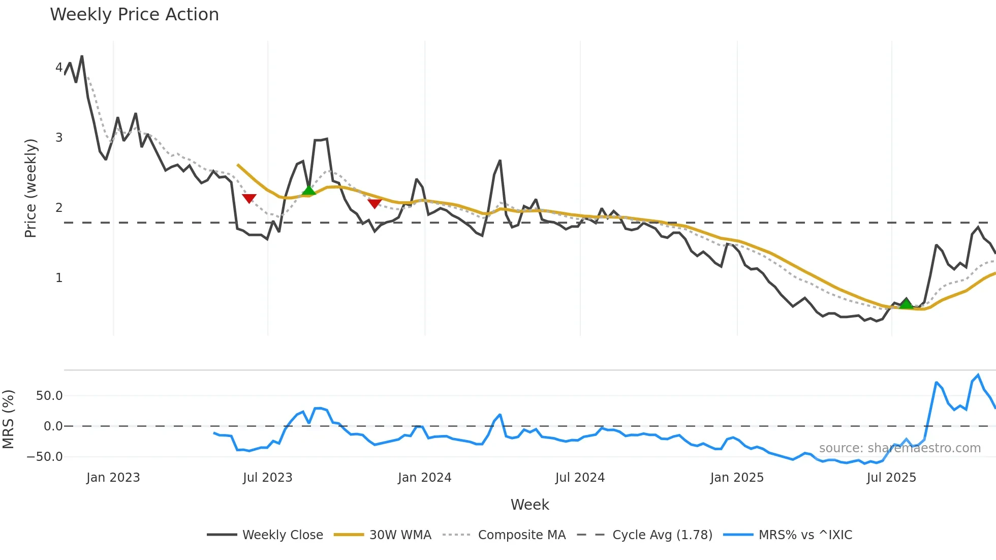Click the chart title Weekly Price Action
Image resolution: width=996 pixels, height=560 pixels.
click(x=134, y=15)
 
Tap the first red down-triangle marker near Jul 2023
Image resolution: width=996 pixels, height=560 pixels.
click(x=249, y=198)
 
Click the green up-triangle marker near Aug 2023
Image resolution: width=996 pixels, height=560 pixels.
click(x=308, y=191)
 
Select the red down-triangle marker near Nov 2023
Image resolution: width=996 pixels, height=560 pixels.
click(x=375, y=204)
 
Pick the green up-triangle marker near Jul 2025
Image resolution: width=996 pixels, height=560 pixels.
click(x=906, y=304)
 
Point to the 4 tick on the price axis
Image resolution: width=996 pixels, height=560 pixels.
click(x=59, y=68)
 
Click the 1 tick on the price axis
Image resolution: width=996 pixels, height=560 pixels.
click(x=59, y=278)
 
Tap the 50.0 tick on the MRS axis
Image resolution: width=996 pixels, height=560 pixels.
click(x=49, y=396)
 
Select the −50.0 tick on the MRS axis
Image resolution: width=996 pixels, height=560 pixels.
click(x=45, y=457)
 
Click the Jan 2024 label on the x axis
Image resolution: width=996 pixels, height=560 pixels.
click(x=424, y=478)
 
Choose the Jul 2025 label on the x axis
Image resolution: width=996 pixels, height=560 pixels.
click(x=891, y=478)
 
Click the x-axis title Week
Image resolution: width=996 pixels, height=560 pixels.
click(x=530, y=505)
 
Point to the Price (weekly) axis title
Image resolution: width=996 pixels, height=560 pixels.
click(x=30, y=188)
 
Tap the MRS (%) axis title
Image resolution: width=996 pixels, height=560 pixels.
click(x=8, y=419)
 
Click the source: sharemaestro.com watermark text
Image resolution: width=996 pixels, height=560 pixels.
click(x=899, y=448)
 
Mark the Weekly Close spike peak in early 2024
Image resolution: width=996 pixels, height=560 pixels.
click(x=500, y=161)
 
